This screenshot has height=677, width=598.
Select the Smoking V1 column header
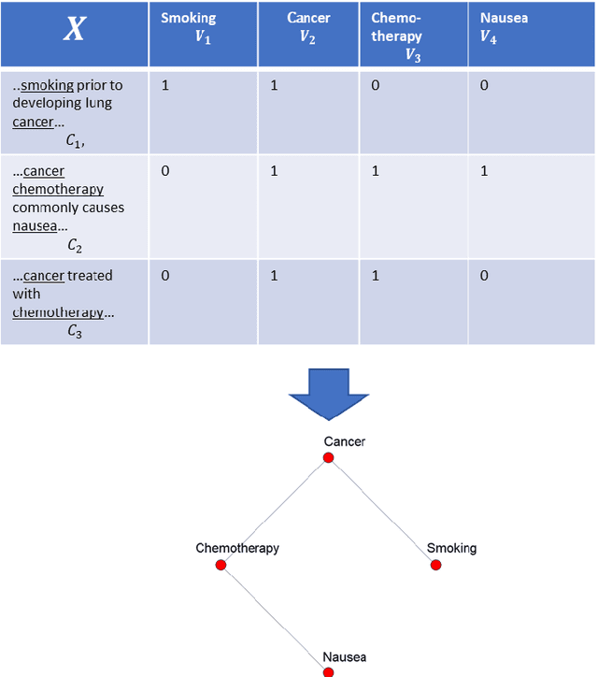188,25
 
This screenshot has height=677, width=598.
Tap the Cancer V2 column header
308,25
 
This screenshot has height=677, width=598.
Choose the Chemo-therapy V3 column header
397,36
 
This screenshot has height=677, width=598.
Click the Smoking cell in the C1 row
166,86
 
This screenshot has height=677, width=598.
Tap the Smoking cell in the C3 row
166,276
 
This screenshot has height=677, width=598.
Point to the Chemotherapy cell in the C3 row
376,276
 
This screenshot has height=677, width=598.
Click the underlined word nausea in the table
33,225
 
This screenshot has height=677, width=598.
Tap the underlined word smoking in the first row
47,86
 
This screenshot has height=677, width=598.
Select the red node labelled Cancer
328,457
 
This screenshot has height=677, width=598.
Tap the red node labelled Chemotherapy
221,565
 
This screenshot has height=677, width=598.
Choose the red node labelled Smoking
435,565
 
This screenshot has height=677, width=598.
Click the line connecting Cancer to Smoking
381,511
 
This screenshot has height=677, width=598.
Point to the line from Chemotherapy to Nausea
275,618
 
